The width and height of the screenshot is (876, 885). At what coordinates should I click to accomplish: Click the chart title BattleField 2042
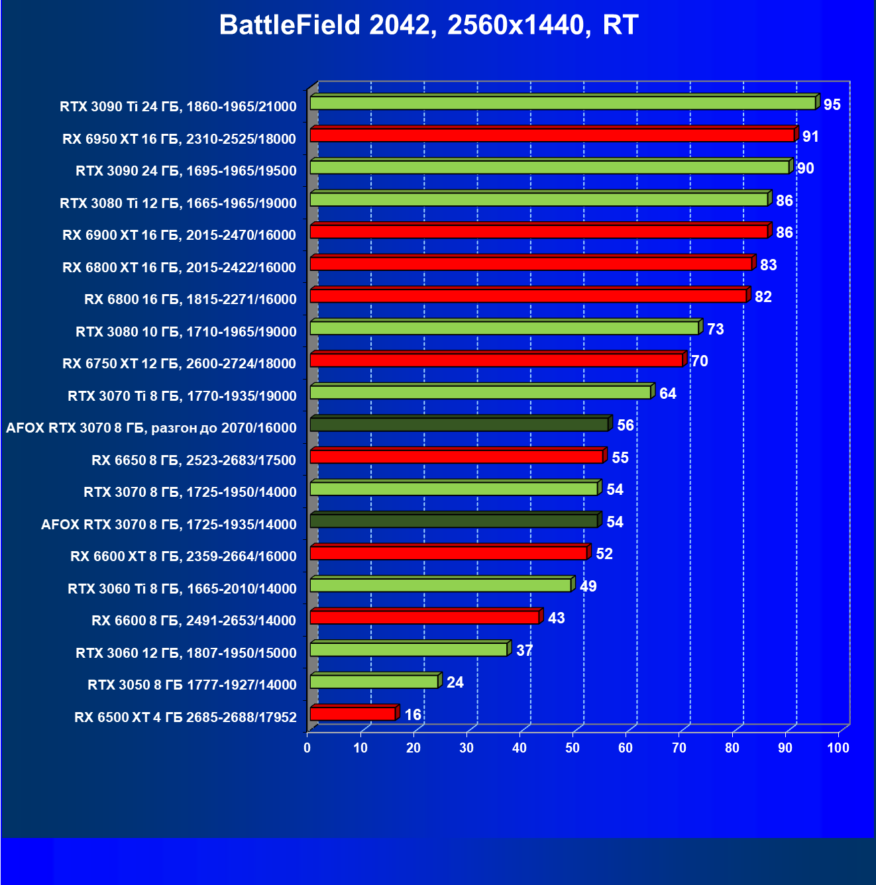[428, 25]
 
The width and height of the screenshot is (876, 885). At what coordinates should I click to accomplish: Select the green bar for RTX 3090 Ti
[563, 103]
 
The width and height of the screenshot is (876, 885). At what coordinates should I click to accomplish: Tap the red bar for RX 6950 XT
[552, 136]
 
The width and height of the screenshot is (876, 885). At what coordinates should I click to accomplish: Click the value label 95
[832, 105]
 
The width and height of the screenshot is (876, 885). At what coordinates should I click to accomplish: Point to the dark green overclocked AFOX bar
[459, 425]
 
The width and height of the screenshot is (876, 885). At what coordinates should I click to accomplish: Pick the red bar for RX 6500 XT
[353, 714]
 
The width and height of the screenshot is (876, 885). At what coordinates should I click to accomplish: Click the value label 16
[413, 715]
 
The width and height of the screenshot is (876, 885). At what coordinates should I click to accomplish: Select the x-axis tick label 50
[573, 748]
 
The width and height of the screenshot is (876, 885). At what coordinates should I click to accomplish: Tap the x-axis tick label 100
[838, 748]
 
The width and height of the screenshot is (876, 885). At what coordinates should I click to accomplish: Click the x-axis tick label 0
[307, 748]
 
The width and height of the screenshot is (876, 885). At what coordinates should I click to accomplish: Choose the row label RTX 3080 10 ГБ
[186, 331]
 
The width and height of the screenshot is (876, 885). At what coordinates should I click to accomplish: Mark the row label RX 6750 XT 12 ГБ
[179, 364]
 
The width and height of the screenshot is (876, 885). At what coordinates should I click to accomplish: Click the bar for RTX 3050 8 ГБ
[374, 682]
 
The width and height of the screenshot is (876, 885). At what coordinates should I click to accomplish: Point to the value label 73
[715, 329]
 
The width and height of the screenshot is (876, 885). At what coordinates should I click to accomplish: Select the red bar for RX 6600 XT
[449, 553]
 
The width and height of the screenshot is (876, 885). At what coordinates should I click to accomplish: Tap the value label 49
[588, 586]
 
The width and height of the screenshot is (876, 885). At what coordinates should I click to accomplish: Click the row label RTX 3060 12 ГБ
[186, 653]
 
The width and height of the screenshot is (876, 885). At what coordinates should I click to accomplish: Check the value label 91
[810, 136]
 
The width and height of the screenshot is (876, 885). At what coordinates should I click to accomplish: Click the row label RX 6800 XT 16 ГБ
[179, 268]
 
